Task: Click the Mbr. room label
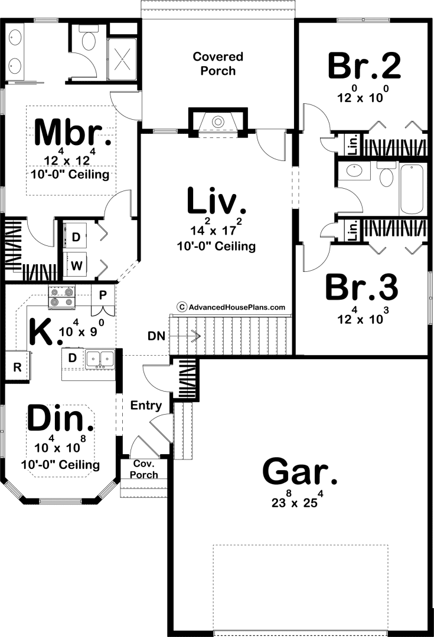point(73,133)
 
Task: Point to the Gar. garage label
point(300,471)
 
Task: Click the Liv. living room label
point(217,201)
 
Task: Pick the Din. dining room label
point(61,418)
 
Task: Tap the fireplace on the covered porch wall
point(218,121)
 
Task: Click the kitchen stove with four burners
point(62,297)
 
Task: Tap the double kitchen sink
point(100,359)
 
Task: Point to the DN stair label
point(156,336)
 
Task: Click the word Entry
point(146,405)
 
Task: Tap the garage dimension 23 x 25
point(298,501)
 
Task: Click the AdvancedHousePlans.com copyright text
point(231,307)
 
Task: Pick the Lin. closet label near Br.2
point(353,145)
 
